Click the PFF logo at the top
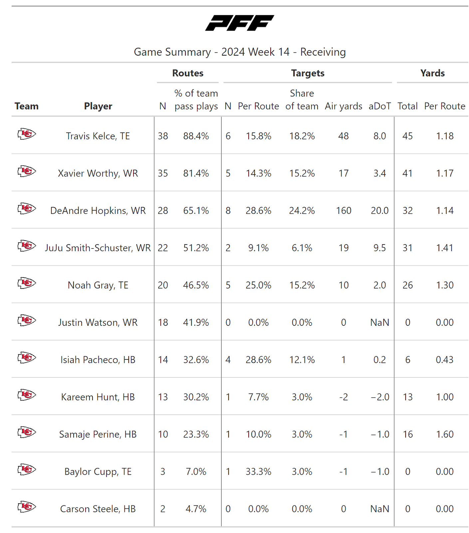[240, 23]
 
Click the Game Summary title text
[240, 52]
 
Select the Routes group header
[188, 73]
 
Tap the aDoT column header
[379, 106]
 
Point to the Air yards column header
[344, 106]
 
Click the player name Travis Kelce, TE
[98, 136]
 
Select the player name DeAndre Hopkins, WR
[98, 211]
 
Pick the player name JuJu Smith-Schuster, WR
[98, 248]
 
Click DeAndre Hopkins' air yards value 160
[344, 211]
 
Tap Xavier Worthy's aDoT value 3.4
[379, 173]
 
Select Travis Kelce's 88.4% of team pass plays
[196, 136]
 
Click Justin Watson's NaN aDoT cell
[379, 322]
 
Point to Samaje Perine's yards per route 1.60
[445, 434]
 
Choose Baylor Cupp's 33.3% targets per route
[258, 472]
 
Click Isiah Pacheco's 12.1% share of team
[302, 360]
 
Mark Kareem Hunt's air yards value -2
[344, 397]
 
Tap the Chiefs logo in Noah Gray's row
[27, 283]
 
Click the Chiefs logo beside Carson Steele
[27, 507]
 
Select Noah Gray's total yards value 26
[407, 285]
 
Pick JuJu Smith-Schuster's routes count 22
[163, 248]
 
